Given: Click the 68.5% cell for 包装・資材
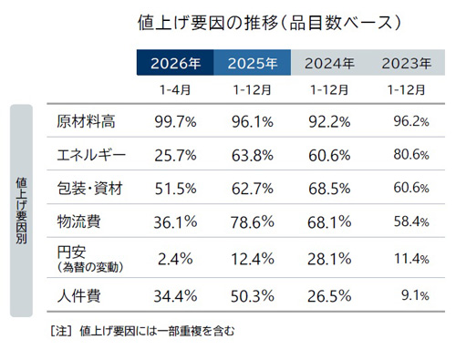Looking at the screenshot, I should pos(329,188).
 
